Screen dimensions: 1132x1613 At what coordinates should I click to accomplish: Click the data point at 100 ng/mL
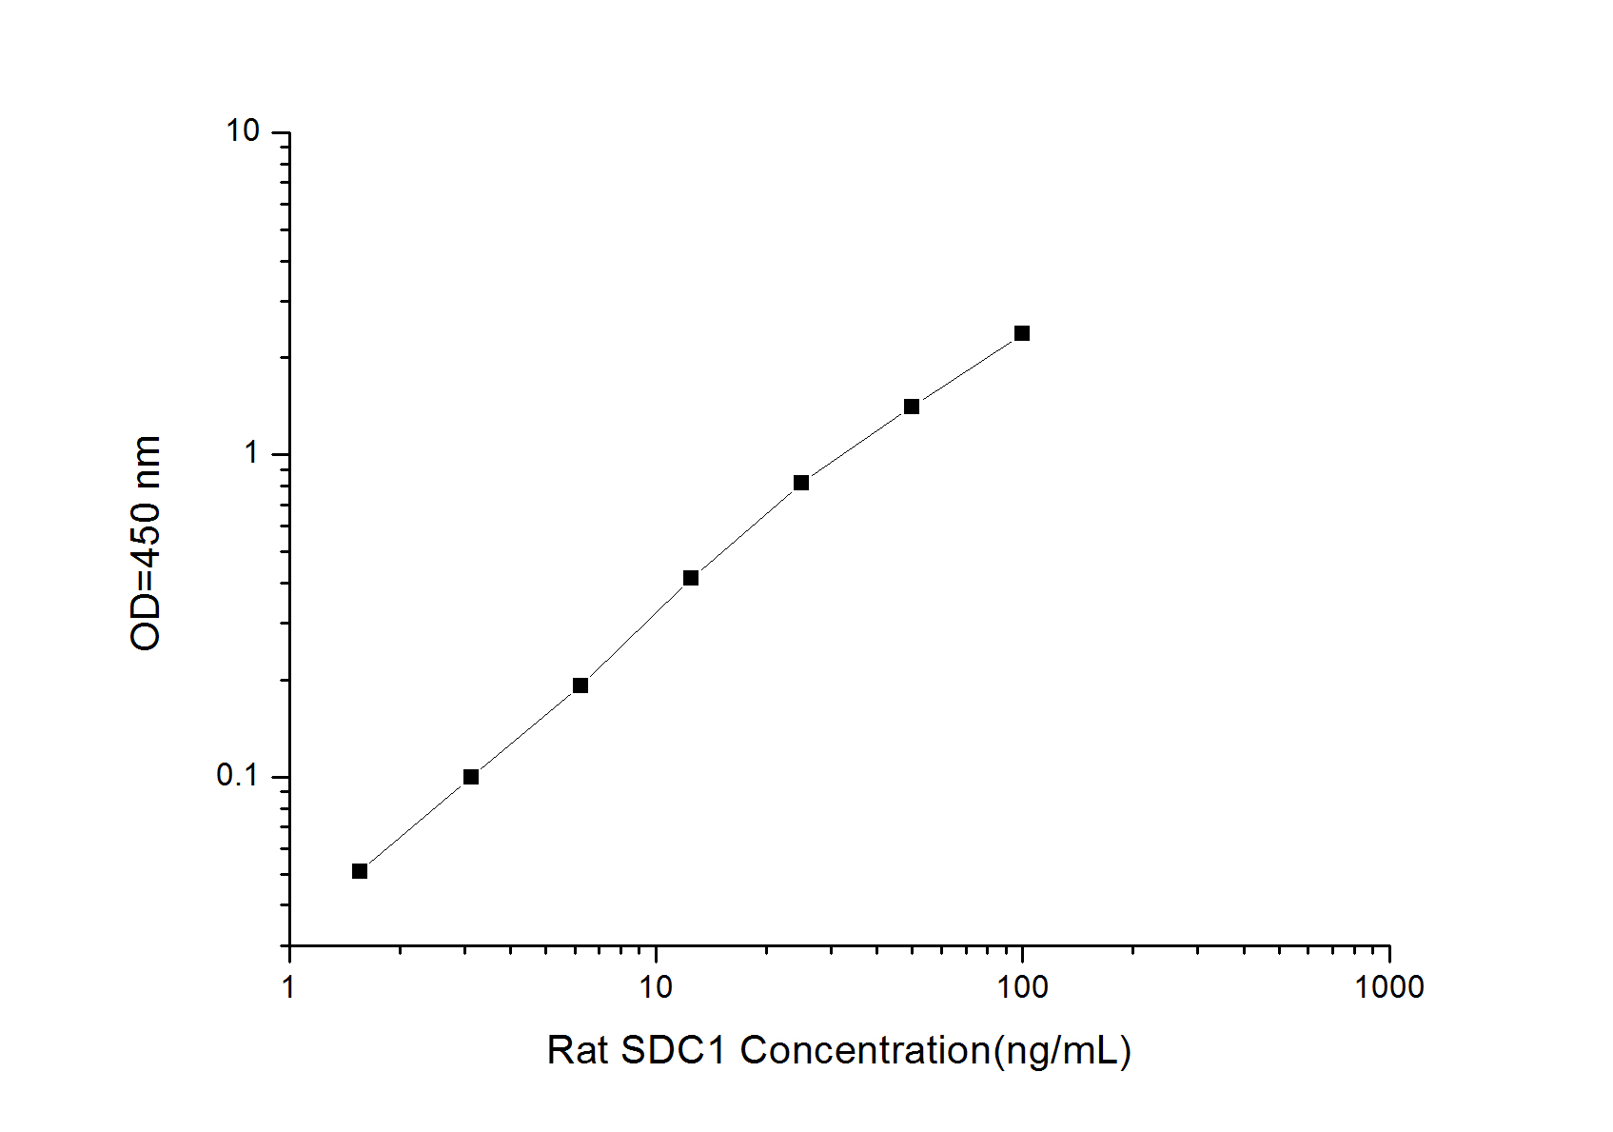pos(1022,333)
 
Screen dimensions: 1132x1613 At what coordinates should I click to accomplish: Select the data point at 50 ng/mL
pos(912,407)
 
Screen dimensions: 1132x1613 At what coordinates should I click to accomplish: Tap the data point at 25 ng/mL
pos(801,483)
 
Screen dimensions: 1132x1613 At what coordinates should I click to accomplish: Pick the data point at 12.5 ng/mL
pos(691,578)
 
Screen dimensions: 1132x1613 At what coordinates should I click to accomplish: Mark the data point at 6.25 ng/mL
pos(580,685)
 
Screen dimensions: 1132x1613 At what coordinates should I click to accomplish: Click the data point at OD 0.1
pos(471,777)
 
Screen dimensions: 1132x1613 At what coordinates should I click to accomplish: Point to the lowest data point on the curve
pos(360,871)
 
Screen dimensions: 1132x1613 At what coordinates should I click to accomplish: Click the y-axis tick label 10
pos(243,130)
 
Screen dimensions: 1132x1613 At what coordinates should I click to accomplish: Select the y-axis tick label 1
pos(252,453)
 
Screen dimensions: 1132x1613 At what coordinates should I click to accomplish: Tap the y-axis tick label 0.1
pos(238,776)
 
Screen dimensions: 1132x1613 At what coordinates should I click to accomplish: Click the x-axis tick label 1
pos(289,987)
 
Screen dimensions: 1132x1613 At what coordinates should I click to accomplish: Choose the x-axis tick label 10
pos(655,987)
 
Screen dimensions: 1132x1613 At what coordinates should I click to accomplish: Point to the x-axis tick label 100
pos(1022,987)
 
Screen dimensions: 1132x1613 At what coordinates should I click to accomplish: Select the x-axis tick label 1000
pos(1389,987)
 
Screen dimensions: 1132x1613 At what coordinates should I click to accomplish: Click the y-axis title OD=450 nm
pos(146,543)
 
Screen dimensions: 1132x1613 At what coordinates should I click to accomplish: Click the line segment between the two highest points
pos(967,370)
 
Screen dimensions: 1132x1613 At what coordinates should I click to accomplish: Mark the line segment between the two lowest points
pos(415,824)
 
